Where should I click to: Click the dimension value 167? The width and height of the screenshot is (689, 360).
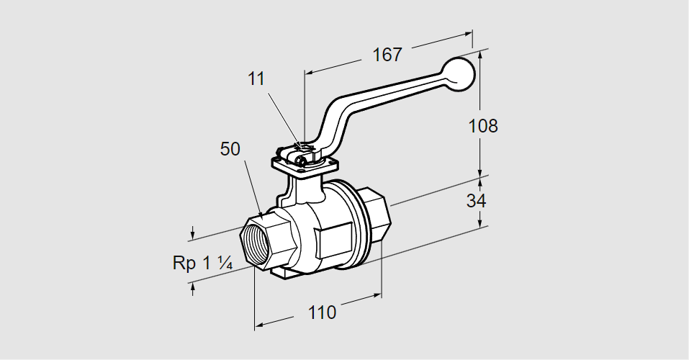387,54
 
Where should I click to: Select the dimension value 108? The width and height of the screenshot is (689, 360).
482,125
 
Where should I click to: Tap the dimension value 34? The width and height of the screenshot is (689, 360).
476,201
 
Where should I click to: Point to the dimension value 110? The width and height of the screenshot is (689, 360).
322,312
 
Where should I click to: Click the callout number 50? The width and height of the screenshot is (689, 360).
230,149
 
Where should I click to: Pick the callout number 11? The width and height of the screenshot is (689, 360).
256,79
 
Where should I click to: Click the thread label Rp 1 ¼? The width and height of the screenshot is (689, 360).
202,263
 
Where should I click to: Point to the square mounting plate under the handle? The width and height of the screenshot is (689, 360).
302,164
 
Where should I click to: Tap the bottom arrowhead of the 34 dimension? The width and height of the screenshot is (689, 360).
481,222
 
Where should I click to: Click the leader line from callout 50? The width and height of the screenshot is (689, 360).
251,187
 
